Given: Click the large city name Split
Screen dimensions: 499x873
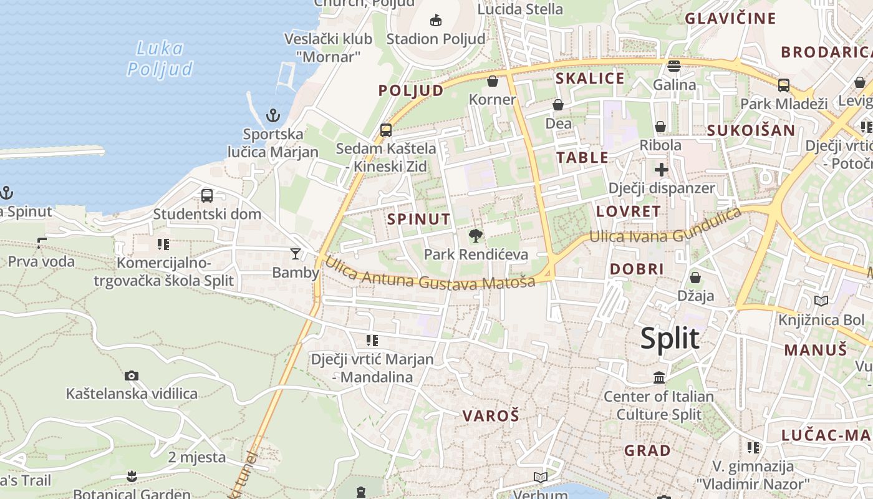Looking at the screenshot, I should click(x=670, y=339).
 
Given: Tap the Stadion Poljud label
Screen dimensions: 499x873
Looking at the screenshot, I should click(x=435, y=39).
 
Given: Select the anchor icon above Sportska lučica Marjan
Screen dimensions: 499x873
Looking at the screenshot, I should click(x=273, y=115).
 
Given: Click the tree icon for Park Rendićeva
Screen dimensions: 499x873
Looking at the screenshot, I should click(x=476, y=236).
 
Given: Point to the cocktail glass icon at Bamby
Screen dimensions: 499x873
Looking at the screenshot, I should click(x=295, y=254).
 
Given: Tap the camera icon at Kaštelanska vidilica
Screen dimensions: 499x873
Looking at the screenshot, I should click(x=131, y=375).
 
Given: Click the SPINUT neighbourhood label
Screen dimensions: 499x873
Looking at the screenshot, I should click(x=418, y=219).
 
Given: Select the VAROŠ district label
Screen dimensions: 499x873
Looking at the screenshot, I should click(x=491, y=416).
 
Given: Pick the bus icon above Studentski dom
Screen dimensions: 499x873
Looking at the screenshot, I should click(x=207, y=196).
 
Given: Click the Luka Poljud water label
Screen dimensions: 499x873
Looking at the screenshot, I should click(x=160, y=59).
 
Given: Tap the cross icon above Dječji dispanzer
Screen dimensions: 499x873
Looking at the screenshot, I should click(x=661, y=169).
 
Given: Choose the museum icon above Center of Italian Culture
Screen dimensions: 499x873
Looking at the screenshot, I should click(x=659, y=377).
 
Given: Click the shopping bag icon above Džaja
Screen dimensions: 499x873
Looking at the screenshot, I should click(x=695, y=277).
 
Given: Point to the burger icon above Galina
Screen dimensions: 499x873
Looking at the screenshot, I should click(x=673, y=66).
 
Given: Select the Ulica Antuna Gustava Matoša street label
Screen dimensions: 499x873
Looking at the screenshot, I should click(x=430, y=275).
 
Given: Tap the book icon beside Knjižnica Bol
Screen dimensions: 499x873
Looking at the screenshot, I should click(x=821, y=301).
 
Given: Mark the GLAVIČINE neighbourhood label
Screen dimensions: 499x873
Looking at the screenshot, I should click(x=730, y=19).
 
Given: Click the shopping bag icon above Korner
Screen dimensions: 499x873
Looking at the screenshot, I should click(x=493, y=81).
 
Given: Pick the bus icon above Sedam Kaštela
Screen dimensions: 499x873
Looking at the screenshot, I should click(x=386, y=130).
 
